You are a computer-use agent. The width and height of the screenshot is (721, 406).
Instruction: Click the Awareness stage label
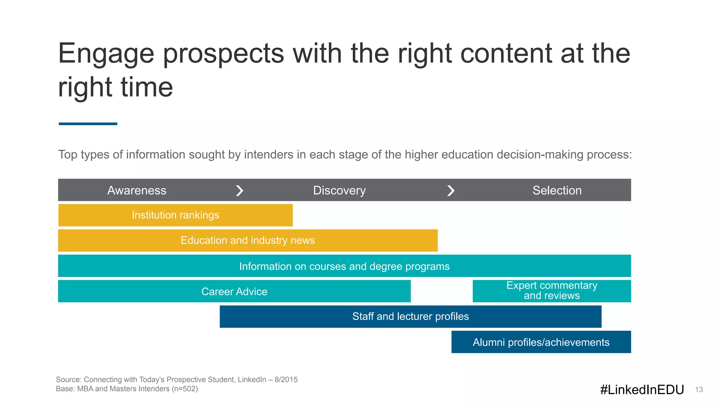[x=137, y=190]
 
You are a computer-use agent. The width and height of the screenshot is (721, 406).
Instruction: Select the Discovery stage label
[x=339, y=190]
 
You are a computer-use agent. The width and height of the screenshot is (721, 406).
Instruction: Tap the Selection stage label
[x=557, y=190]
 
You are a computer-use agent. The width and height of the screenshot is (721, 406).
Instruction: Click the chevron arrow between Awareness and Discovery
[x=239, y=190]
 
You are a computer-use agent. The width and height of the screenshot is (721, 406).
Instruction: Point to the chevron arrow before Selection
[x=451, y=190]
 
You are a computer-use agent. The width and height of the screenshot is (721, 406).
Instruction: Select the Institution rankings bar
[x=175, y=215]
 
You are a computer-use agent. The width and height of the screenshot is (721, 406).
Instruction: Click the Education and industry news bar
[x=247, y=240]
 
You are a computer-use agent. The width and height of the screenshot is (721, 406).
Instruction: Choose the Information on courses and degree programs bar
[x=344, y=266]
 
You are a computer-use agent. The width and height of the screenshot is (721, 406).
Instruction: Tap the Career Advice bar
[x=234, y=291]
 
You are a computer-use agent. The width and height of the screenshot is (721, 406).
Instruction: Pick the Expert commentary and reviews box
[x=552, y=291]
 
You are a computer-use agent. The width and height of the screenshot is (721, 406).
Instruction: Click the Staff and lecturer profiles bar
[x=410, y=316]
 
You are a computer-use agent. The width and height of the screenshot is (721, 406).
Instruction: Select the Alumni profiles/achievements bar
[x=541, y=342]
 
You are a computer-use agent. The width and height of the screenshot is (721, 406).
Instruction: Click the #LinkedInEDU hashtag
[x=642, y=389]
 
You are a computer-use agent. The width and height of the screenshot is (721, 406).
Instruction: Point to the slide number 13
[x=699, y=389]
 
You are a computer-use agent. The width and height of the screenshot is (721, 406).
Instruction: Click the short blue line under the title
[x=88, y=124]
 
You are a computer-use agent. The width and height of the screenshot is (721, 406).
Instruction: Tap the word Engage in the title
[x=106, y=54]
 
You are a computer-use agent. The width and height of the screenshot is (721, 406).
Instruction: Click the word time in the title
[x=146, y=87]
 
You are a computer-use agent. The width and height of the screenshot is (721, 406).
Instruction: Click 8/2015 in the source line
[x=286, y=380]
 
